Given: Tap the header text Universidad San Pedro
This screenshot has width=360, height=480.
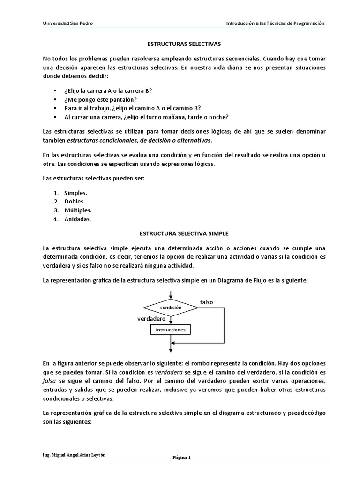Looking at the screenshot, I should (x=68, y=23).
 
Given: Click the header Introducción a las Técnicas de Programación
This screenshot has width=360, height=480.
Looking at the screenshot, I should (x=275, y=23).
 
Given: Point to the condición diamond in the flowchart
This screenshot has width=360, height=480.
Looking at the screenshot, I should (x=171, y=307).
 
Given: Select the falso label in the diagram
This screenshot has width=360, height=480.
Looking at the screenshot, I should (x=206, y=302).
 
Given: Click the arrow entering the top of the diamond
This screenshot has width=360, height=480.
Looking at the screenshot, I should (x=171, y=294).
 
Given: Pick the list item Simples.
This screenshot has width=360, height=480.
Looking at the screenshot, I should (x=75, y=193).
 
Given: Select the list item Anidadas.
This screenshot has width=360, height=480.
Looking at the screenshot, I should (x=78, y=219).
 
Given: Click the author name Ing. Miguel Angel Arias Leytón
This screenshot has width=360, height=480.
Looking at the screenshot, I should (x=76, y=455).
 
